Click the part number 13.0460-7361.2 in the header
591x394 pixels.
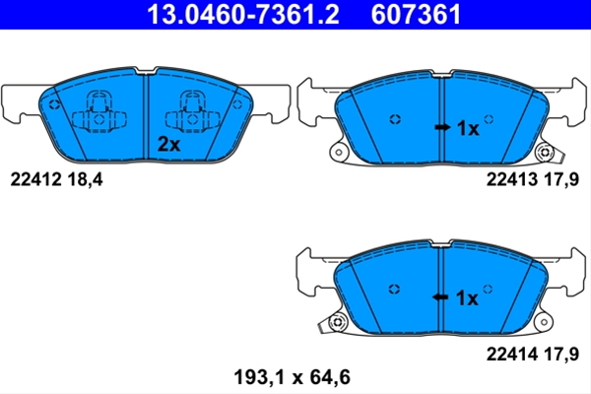[x=243, y=15]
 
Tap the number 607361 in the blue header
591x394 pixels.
[x=416, y=15]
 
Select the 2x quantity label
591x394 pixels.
[x=168, y=144]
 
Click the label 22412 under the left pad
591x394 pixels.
[x=35, y=179]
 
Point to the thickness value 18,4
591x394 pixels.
[x=85, y=179]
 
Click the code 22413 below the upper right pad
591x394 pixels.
[x=512, y=179]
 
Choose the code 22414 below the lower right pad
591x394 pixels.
[x=512, y=354]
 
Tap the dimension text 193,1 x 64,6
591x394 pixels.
[x=293, y=377]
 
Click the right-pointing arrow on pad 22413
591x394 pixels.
[x=442, y=127]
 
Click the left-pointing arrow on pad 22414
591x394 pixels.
[x=440, y=297]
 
